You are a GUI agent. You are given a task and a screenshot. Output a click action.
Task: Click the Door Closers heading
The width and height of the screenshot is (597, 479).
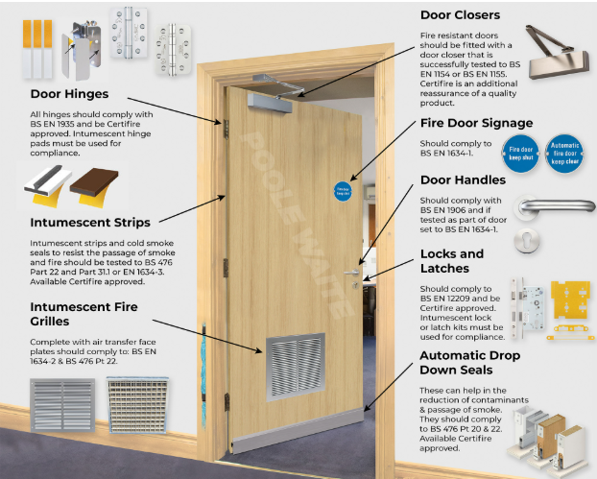tap(460, 15)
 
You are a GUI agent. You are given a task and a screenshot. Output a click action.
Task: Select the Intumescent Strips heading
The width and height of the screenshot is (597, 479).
tap(76, 223)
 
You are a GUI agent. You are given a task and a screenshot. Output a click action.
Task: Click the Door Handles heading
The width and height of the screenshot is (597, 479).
tap(463, 180)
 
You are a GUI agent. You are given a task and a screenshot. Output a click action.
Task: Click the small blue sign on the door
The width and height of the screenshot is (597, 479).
tap(343, 189)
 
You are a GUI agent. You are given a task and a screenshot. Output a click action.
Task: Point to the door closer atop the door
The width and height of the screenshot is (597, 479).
tap(278, 96)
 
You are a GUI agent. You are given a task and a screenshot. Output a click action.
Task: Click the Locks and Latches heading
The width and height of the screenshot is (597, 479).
tap(451, 261)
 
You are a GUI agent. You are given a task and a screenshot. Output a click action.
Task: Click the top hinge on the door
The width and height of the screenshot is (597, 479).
tap(227, 127)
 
